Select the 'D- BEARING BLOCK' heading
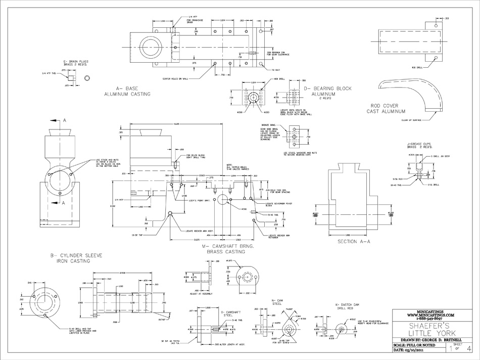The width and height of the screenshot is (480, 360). (327, 88)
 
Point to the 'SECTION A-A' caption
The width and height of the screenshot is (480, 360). (354, 242)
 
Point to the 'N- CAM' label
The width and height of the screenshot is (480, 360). (276, 300)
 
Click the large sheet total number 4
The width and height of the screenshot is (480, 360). (469, 348)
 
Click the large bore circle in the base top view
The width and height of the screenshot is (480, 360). (150, 47)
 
